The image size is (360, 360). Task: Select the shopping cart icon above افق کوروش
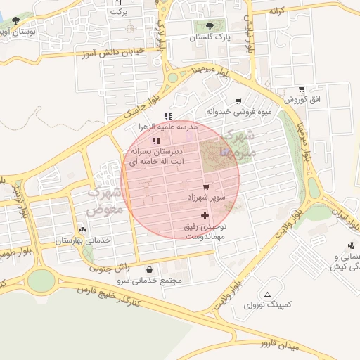(302, 89)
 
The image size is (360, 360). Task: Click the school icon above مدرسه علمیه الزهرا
(167, 116)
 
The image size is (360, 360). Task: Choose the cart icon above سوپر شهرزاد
(205, 187)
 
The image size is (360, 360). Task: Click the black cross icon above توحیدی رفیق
(205, 215)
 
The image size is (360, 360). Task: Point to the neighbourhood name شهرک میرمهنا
(237, 143)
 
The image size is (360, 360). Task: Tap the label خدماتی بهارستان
(84, 240)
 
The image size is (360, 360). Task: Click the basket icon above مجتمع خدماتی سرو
(149, 269)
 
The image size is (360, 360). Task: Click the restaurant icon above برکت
(118, 3)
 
